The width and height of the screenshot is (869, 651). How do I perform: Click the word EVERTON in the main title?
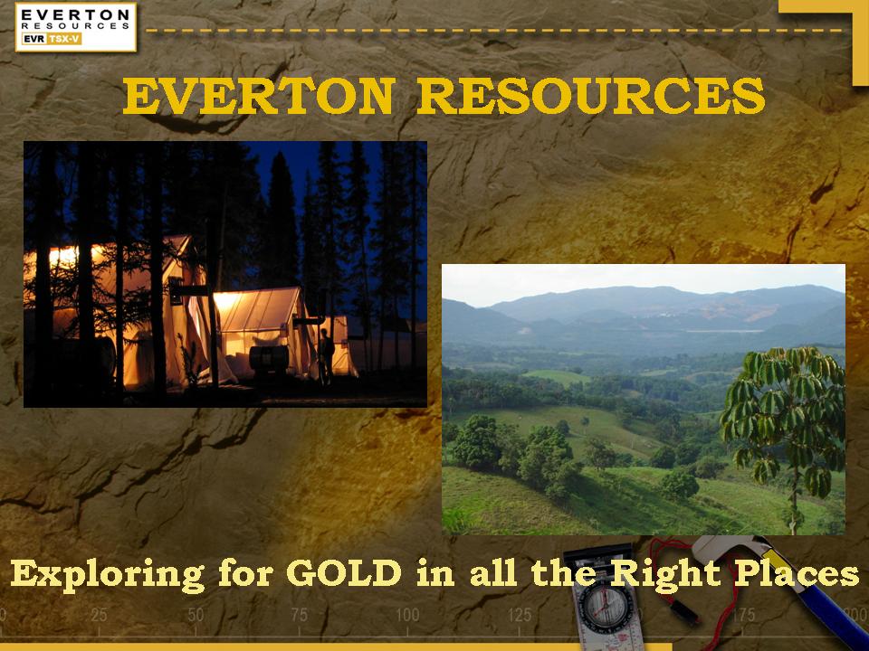(x=259, y=96)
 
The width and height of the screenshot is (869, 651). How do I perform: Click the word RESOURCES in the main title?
(x=591, y=96)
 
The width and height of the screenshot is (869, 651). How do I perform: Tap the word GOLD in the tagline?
(x=344, y=573)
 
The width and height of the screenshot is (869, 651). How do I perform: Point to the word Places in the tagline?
(x=797, y=573)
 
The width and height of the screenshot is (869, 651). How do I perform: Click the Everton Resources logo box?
(x=76, y=26)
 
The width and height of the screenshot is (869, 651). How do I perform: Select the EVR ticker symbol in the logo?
(x=34, y=39)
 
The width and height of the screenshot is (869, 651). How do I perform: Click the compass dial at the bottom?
(x=604, y=604)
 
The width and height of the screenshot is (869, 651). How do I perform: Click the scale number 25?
(x=99, y=615)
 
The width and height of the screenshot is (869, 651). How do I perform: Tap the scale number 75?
(x=300, y=615)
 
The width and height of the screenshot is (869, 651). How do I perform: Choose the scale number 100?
(x=407, y=615)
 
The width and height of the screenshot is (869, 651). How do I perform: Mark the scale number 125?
(x=520, y=615)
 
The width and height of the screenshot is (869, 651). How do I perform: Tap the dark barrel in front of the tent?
(x=269, y=359)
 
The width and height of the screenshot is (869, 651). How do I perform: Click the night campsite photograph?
(x=225, y=275)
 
